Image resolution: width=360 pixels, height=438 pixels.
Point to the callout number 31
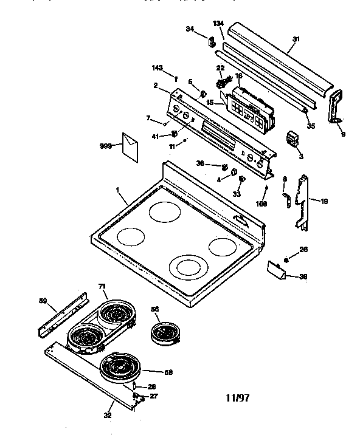(x=296, y=39)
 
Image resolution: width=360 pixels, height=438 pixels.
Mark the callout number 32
(x=107, y=416)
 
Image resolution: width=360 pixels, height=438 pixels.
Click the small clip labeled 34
(x=213, y=43)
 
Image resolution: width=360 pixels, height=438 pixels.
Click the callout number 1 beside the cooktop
(x=117, y=190)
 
